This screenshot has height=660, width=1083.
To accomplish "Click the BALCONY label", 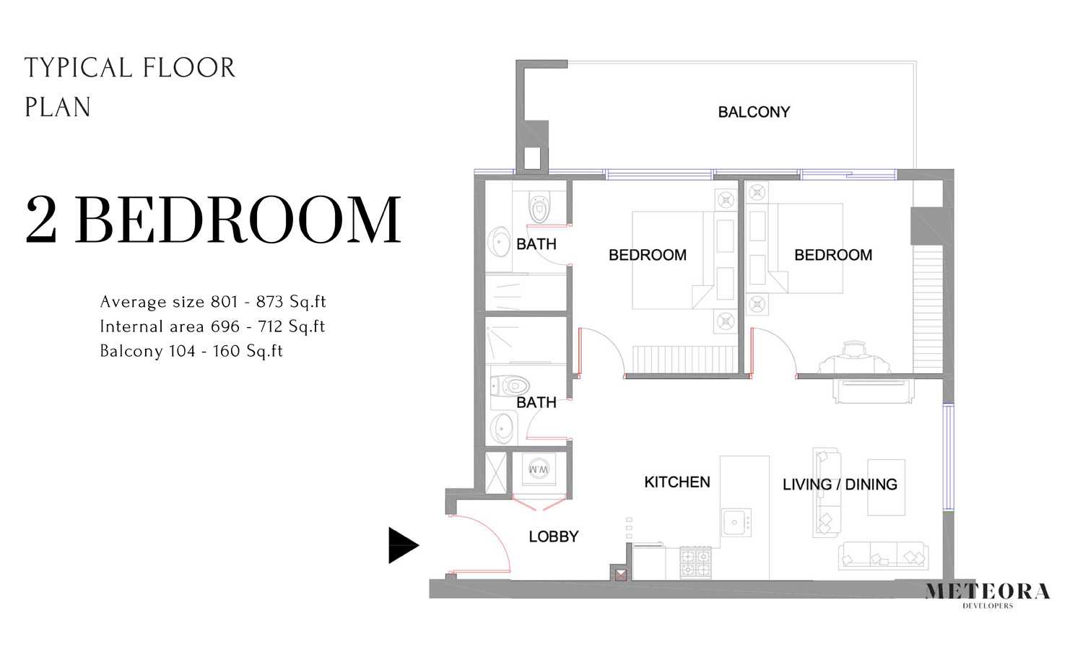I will click(754, 112).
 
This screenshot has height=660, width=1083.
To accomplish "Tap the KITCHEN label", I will click(677, 482).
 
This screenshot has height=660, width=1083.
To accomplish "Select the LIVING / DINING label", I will click(840, 485).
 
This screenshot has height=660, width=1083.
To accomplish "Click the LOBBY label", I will click(553, 537).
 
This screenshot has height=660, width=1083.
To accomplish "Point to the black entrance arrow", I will click(402, 545).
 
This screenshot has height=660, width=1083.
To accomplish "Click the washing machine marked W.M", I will click(539, 470).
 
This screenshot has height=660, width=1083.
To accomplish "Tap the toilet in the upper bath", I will click(539, 208).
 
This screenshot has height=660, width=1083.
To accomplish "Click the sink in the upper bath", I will click(499, 243).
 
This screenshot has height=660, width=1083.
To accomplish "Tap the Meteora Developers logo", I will click(987, 594).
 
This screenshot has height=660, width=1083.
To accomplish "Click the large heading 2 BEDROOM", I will click(213, 220).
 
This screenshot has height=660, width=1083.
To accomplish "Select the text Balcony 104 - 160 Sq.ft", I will click(191, 351).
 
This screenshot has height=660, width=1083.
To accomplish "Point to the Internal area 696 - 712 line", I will click(212, 326).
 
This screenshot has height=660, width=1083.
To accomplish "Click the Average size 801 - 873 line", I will click(213, 302).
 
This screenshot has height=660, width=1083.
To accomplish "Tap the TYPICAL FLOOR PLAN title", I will click(130, 87).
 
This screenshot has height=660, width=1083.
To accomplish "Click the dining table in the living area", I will click(886, 487).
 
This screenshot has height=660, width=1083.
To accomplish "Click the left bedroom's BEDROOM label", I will click(647, 255).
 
